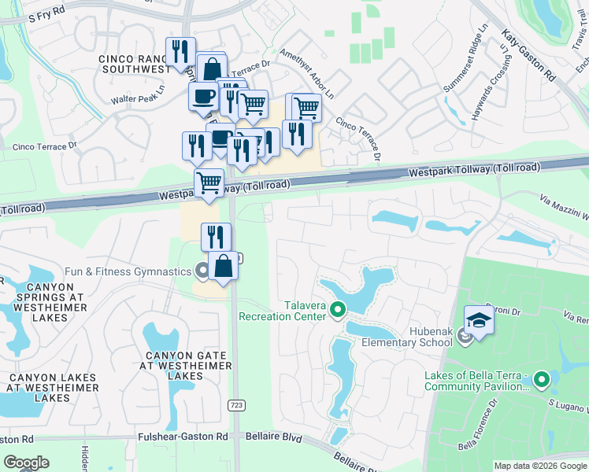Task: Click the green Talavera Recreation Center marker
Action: (x=339, y=308)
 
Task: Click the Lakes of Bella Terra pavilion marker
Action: (x=541, y=380)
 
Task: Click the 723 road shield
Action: (x=235, y=404)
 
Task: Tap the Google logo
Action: (x=26, y=463)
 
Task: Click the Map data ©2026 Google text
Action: (x=539, y=466)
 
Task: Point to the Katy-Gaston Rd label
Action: (x=528, y=57)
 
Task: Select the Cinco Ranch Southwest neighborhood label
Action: (x=135, y=64)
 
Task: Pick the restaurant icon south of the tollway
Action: (x=216, y=235)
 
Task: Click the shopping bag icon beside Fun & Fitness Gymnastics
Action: (x=224, y=265)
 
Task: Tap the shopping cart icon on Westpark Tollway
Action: (x=209, y=182)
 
